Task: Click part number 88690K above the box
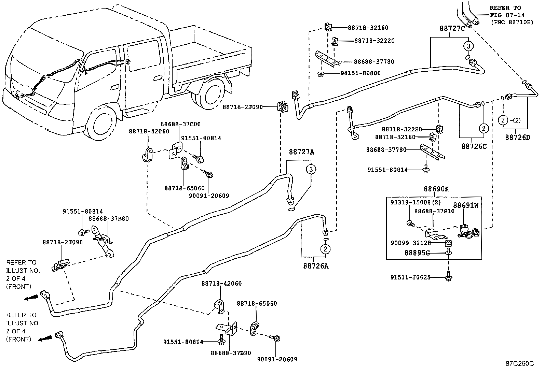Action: pyautogui.click(x=436, y=189)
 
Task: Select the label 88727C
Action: pyautogui.click(x=452, y=29)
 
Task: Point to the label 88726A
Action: pyautogui.click(x=316, y=265)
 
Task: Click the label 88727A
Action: pyautogui.click(x=301, y=152)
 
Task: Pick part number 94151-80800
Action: pyautogui.click(x=360, y=73)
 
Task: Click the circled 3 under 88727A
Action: pyautogui.click(x=311, y=169)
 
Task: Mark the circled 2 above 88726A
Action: pyautogui.click(x=325, y=249)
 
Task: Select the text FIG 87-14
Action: pyautogui.click(x=507, y=15)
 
